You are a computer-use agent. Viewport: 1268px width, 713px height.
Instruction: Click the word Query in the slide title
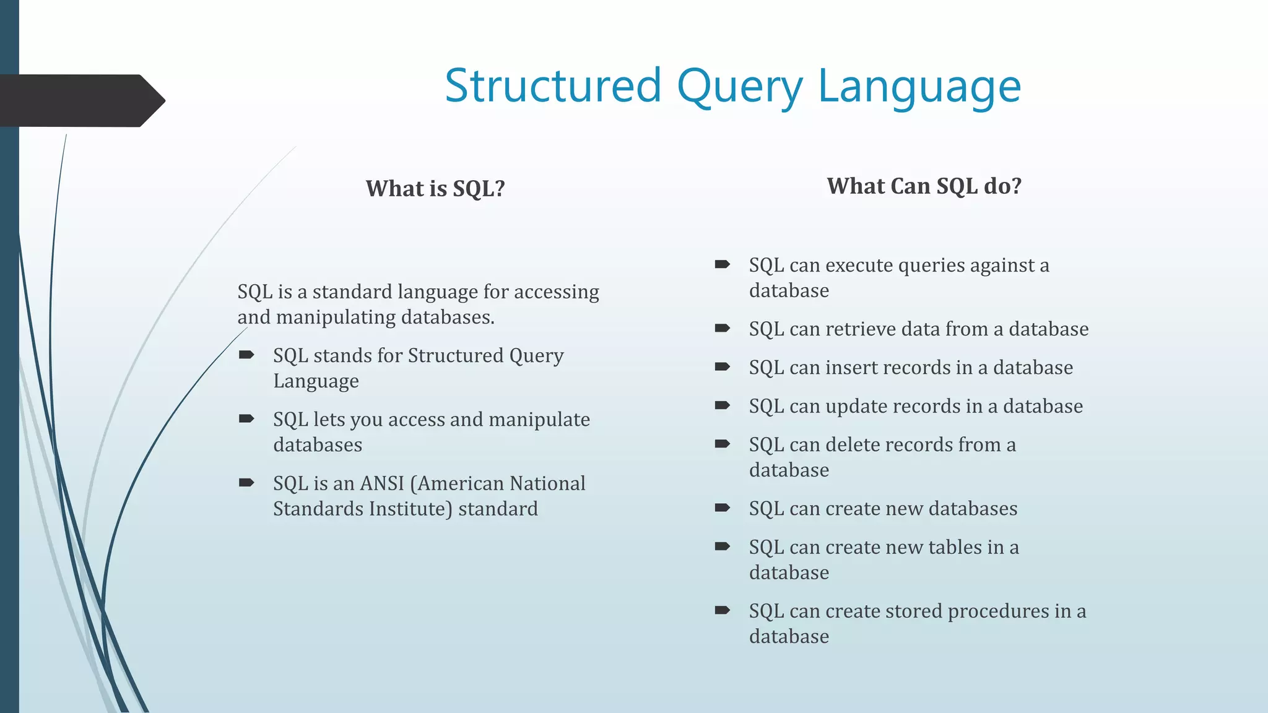click(739, 87)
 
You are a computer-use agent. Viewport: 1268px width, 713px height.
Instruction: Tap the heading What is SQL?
click(435, 189)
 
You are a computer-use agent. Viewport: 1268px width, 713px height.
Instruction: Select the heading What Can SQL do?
click(924, 186)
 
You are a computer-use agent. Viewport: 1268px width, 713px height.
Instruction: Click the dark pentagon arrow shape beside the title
click(80, 101)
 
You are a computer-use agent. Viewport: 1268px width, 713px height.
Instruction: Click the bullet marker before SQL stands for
click(246, 355)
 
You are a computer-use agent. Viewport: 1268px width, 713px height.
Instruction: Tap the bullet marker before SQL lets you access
click(246, 418)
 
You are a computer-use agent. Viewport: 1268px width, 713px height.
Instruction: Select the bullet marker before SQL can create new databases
click(722, 508)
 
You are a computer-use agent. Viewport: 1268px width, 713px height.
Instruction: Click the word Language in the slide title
click(919, 87)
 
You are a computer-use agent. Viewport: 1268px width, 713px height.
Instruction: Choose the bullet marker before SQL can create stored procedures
click(722, 610)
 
